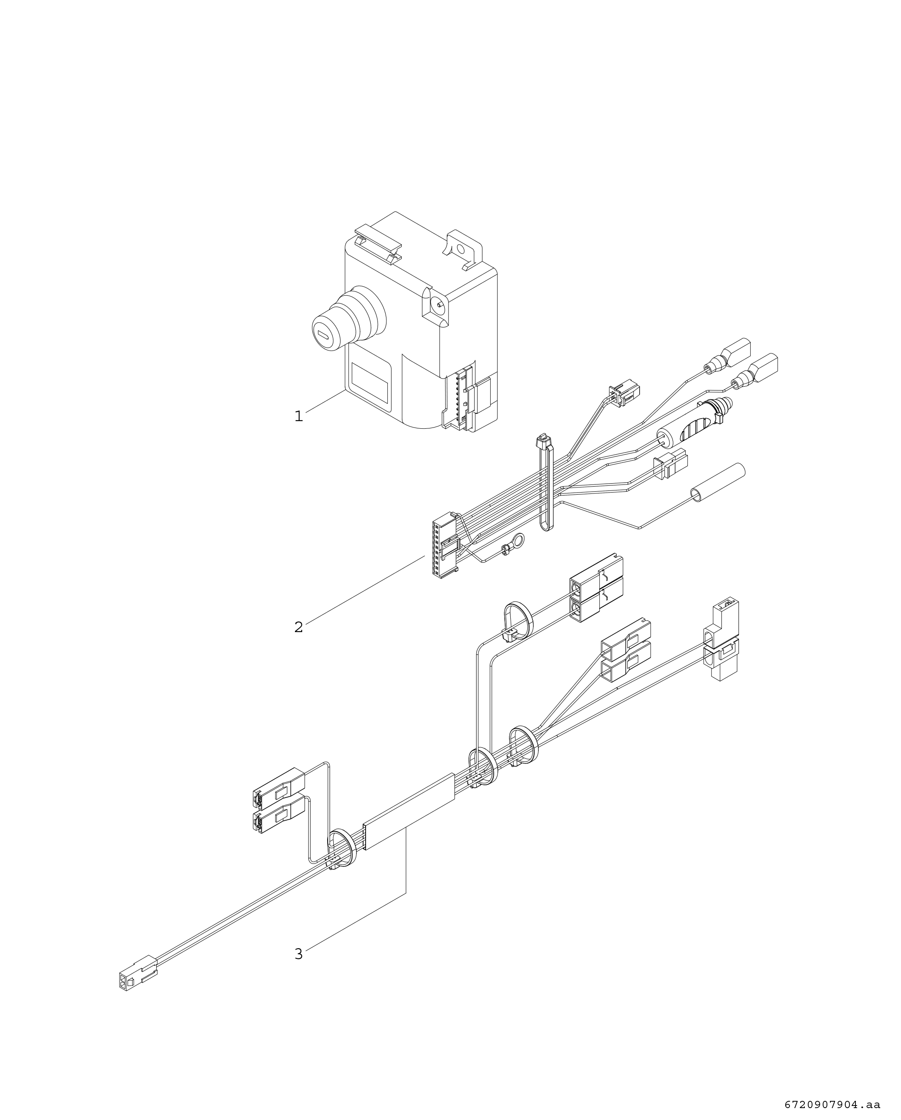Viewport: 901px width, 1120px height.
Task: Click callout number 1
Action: coord(298,430)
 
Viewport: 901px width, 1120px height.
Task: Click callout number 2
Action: coord(298,627)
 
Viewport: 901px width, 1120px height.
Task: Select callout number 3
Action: coord(298,954)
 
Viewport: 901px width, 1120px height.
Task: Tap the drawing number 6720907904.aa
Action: coord(832,1101)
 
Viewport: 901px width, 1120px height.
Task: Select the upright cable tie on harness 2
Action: coord(545,481)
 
